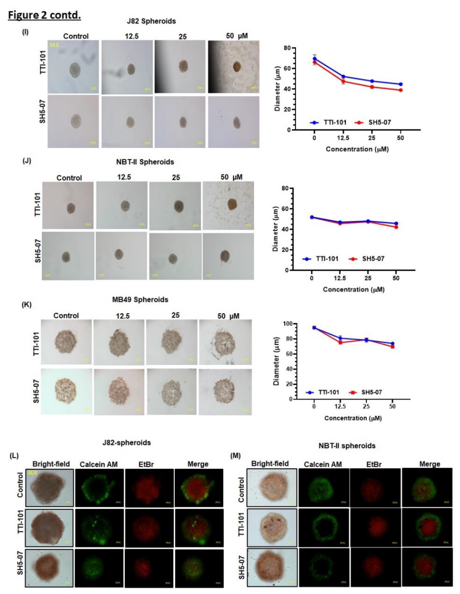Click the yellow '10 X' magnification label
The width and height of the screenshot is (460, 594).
(x=54, y=45)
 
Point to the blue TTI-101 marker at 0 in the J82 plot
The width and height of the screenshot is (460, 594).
(x=315, y=58)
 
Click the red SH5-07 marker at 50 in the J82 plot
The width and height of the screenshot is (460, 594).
(x=401, y=90)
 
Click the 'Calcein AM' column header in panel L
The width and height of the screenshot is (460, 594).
(x=99, y=464)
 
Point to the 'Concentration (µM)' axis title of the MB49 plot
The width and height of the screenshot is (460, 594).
(x=353, y=418)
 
